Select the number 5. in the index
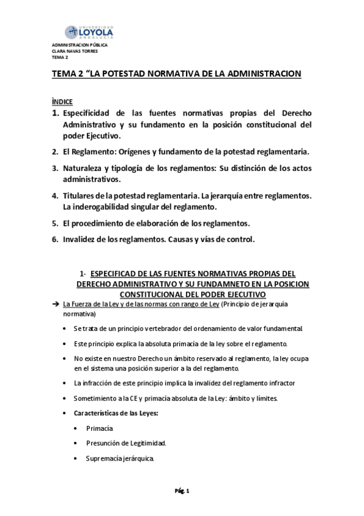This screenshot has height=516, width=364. [55, 223]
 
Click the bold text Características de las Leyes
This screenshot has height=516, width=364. [115, 413]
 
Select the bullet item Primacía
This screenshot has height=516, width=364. [100, 428]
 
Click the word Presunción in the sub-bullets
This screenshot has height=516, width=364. [106, 443]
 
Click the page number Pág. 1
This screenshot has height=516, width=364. [183, 490]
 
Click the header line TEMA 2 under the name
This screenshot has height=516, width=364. [60, 57]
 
